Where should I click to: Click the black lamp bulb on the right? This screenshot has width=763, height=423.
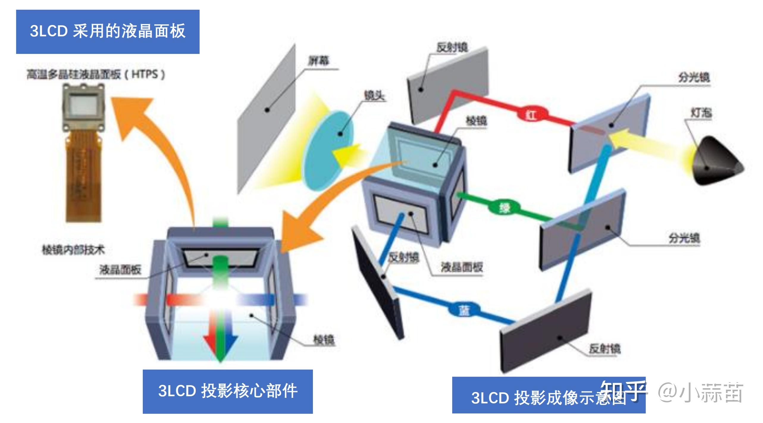coord(717,162)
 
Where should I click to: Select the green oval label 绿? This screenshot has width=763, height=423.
coord(505,207)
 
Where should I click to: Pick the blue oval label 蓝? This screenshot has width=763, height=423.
coord(464,311)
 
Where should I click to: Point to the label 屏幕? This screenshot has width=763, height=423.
coord(318,61)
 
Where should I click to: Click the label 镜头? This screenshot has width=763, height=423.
coord(374,95)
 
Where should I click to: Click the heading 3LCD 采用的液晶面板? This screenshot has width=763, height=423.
coord(108,32)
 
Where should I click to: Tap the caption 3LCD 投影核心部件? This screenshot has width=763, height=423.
coord(228,391)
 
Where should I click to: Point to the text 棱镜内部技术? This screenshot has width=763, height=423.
coord(73,250)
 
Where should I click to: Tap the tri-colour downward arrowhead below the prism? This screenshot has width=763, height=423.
coord(220,347)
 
